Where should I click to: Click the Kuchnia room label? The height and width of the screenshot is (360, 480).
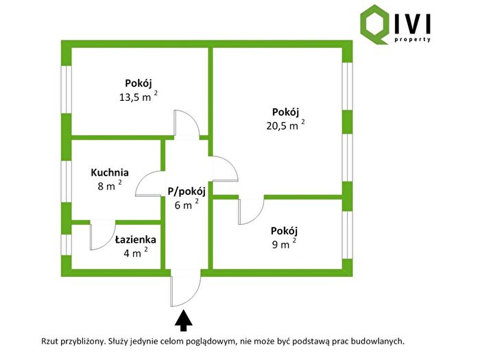tap(110, 173)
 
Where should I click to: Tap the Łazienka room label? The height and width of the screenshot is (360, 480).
tap(136, 239)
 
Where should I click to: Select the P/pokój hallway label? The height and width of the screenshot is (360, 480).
tap(187, 191)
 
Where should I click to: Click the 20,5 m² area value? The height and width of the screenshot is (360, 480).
tap(286, 125)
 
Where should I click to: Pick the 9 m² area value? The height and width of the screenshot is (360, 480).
tap(284, 243)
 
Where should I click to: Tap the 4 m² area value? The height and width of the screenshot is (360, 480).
tap(136, 252)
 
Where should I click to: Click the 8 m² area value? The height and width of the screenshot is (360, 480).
tap(110, 185)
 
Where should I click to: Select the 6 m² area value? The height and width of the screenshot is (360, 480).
tap(187, 204)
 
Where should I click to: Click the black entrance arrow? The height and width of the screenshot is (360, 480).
tap(183, 320)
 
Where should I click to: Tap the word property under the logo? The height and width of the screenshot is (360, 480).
tap(413, 40)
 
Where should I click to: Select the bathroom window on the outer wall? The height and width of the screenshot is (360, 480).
tap(66, 245)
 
